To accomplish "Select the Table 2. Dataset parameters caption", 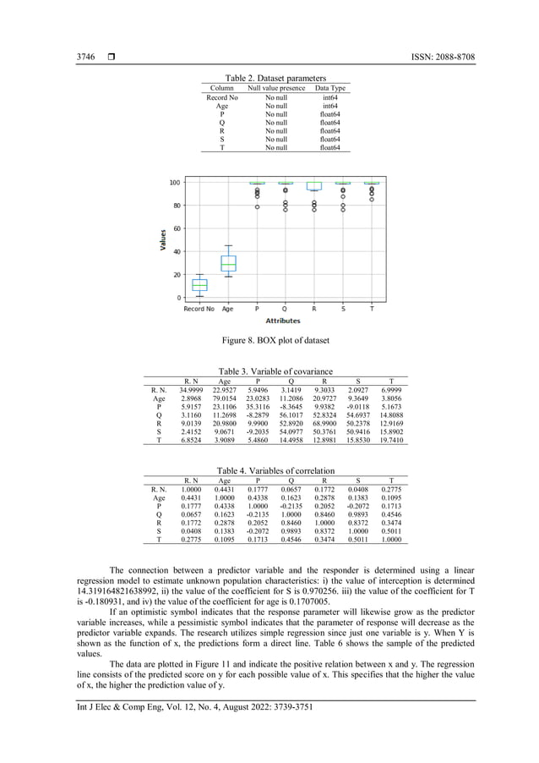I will pos(274,78).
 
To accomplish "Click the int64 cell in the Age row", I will pos(329,106).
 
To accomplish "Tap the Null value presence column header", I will pos(275,88).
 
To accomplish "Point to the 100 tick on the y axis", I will pos(173,183).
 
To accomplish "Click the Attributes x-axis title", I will pos(283,321).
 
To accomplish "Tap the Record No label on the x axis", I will pos(199,309).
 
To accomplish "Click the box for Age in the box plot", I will pos(228,263).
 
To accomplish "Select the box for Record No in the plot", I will pos(199,285).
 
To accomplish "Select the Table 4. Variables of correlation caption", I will pos(275,470).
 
